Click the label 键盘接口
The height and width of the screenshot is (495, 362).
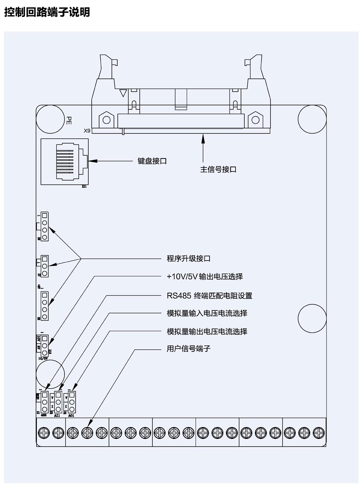[x=152, y=161]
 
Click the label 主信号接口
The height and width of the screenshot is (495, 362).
[x=218, y=169]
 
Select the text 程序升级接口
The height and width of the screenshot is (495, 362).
[x=188, y=259]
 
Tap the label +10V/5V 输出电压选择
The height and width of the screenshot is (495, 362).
[x=205, y=277]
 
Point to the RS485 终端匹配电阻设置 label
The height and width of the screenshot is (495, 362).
[x=209, y=296]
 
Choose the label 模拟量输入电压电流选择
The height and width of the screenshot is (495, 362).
[x=207, y=313]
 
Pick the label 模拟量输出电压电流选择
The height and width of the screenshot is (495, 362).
[x=207, y=331]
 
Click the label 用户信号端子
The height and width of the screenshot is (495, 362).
[x=188, y=349]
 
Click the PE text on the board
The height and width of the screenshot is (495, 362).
[x=69, y=120]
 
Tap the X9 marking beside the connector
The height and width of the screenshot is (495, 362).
[x=87, y=131]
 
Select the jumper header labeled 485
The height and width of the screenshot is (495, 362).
[x=45, y=402]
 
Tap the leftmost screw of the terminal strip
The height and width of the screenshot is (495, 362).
[x=44, y=433]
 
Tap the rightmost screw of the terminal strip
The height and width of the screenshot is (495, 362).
[x=319, y=433]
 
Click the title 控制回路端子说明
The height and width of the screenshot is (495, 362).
[x=47, y=12]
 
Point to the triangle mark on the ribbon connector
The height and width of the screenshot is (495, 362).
[x=123, y=93]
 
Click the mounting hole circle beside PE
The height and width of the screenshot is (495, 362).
[x=50, y=119]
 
